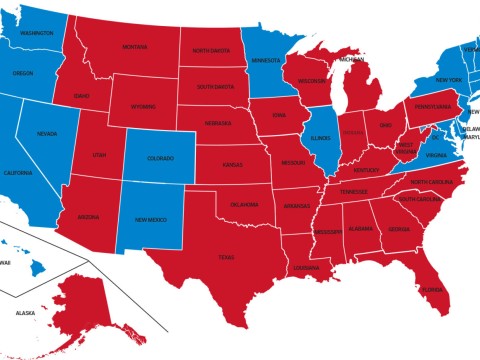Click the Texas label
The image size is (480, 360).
(228, 257)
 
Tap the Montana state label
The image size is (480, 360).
(135, 46)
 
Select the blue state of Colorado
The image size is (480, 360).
(160, 158)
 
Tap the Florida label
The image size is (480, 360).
(432, 290)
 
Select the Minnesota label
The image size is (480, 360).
(267, 60)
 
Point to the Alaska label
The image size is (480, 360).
(25, 313)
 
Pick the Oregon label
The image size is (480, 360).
(23, 73)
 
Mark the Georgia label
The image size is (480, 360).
(398, 229)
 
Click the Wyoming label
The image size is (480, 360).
(143, 106)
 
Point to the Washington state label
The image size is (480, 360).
(36, 33)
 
